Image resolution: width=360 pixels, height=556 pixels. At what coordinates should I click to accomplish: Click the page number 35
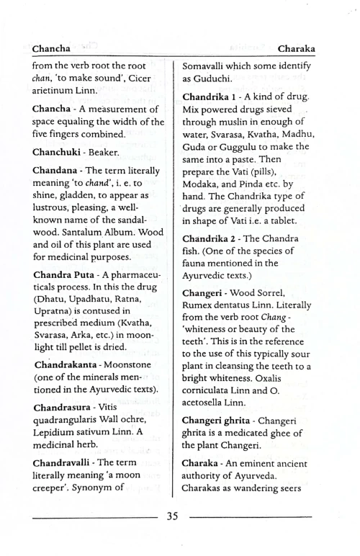pyautogui.click(x=179, y=536)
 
